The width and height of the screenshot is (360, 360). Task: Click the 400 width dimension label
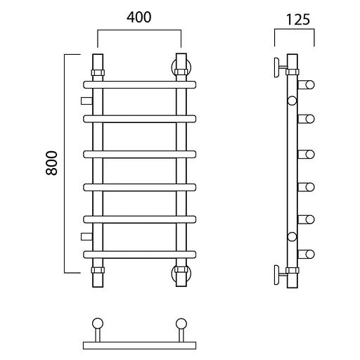pos(139,18)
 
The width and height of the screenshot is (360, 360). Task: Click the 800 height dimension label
pos(51,163)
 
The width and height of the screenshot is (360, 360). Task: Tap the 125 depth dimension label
pos(298,20)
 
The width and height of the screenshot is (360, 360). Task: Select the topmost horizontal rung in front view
pos(140,84)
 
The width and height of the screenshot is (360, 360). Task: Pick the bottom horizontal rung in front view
pos(140,255)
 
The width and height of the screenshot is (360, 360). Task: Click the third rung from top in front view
pos(140,154)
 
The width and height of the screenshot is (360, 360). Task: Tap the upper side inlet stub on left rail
pos(86,101)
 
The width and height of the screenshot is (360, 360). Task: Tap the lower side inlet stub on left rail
pos(86,237)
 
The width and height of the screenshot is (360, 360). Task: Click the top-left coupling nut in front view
pos(98,72)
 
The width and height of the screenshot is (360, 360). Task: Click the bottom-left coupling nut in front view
pos(98,270)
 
